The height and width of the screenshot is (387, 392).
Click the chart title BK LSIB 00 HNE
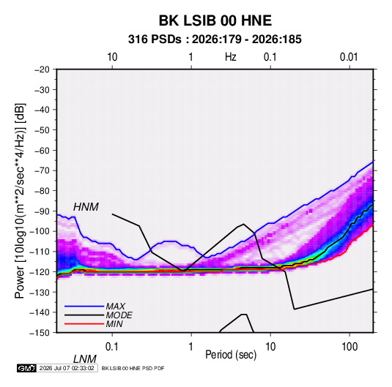[215, 20]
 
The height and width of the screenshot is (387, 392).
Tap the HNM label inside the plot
[86, 207]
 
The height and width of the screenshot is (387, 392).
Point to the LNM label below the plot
[85, 359]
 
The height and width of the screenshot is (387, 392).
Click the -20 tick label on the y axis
[42, 69]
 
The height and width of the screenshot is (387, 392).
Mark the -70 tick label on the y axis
[42, 170]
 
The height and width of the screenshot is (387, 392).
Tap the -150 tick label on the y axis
[40, 333]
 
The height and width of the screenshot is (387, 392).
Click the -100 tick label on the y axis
[40, 231]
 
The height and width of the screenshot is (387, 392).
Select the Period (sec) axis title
[231, 355]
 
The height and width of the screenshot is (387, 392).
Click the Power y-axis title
[20, 201]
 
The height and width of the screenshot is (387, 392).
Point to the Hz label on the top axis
[231, 57]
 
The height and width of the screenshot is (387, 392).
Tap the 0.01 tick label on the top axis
[349, 57]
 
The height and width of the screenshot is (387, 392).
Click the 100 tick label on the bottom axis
[350, 347]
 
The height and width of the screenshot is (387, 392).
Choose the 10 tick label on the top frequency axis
[112, 57]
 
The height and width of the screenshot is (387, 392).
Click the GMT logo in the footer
[26, 368]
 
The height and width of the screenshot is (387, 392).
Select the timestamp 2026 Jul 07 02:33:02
[67, 368]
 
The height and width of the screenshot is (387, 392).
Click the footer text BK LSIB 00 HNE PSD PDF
[133, 368]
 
